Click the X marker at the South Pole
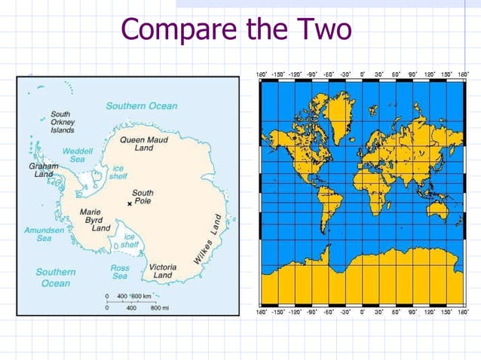pyautogui.click(x=129, y=204)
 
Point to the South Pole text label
pyautogui.click(x=142, y=197)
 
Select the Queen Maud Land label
pyautogui.click(x=142, y=143)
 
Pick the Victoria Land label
pyautogui.click(x=163, y=271)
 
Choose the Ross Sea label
pyautogui.click(x=120, y=272)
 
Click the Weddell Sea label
pyautogui.click(x=77, y=155)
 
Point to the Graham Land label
pyautogui.click(x=43, y=169)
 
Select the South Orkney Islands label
pyautogui.click(x=62, y=122)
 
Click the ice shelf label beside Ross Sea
pyautogui.click(x=129, y=241)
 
